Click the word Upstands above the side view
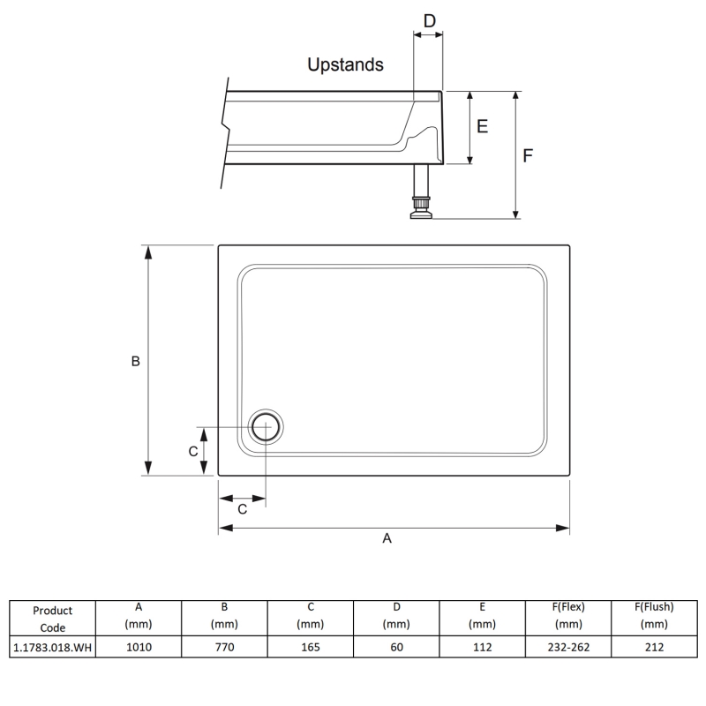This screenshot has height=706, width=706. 345,64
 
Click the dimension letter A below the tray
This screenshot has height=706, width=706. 387,539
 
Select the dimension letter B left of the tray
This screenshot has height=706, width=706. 136,361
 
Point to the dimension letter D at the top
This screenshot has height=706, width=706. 429,20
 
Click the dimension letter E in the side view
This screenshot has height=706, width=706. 482,126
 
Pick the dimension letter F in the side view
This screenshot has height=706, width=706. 528,155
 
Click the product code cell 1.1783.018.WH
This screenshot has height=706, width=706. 52,647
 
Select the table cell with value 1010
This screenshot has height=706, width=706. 139,647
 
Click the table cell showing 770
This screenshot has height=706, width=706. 224,647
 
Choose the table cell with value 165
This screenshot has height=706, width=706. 310,647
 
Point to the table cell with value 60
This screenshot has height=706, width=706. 396,647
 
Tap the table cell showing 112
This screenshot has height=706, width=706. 482,647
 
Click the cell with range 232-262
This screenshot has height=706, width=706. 567,647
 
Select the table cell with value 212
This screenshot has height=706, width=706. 654,647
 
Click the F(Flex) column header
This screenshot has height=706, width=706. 567,615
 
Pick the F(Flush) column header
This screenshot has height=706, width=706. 654,615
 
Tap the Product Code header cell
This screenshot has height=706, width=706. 52,619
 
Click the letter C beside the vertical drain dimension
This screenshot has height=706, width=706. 193,451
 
